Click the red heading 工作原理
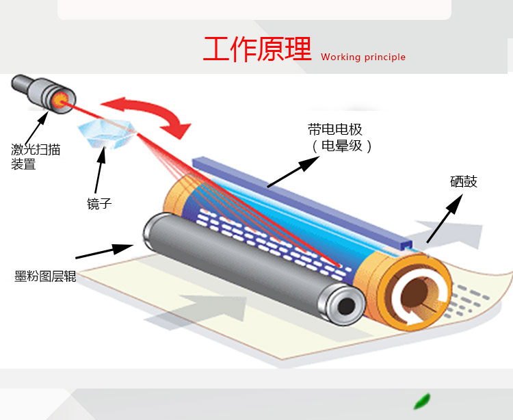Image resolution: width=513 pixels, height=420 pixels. click(257, 49)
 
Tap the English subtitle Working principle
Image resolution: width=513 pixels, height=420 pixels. click(363, 57)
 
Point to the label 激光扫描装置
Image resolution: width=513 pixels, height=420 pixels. click(36, 157)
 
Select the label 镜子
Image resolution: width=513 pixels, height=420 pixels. click(99, 203)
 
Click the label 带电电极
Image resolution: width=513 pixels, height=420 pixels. click(335, 129)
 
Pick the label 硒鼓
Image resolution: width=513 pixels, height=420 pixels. click(464, 181)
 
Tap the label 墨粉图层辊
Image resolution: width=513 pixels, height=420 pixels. click(45, 276)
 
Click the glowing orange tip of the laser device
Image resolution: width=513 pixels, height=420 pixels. click(60, 100)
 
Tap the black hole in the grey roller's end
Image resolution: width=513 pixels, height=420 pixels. click(346, 306)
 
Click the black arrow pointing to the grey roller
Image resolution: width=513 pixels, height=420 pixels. click(105, 251)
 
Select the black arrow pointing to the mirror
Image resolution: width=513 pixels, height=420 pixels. click(100, 170)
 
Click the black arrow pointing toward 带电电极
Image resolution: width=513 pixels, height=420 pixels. click(293, 172)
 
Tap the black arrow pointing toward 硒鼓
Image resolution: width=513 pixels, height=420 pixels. click(445, 218)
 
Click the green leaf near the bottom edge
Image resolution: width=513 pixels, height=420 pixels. click(423, 401)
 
